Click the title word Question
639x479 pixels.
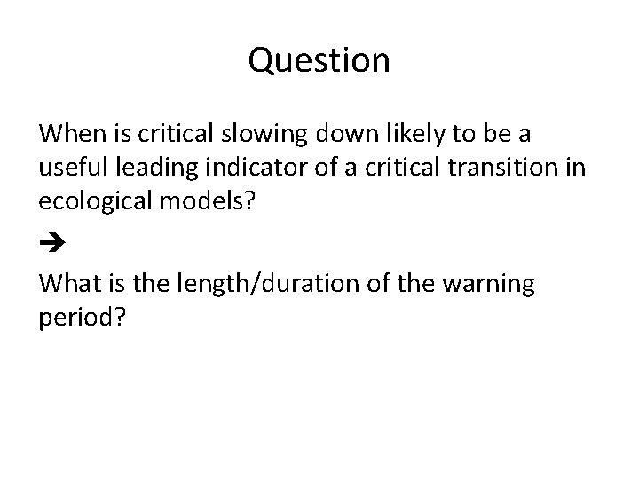[x=319, y=60]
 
